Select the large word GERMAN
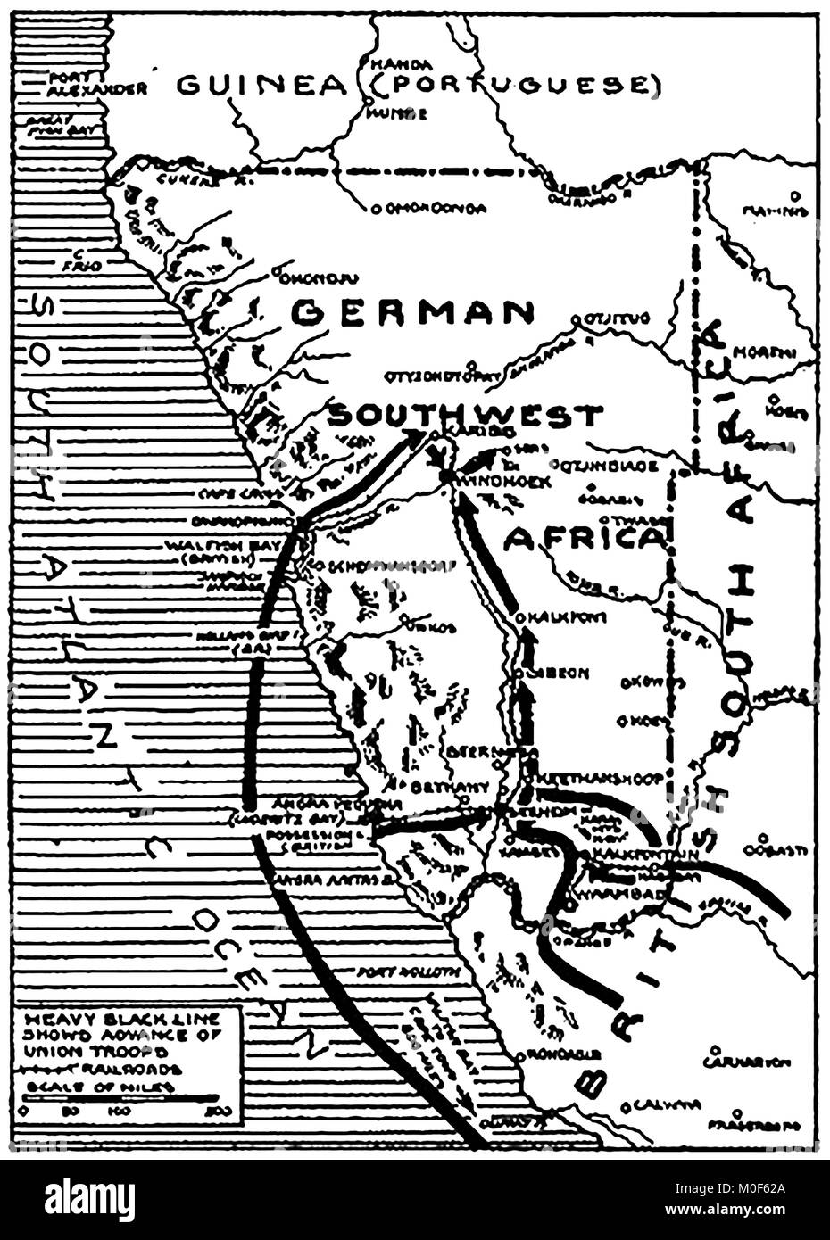coord(412,313)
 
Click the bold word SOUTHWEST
coord(464,416)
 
